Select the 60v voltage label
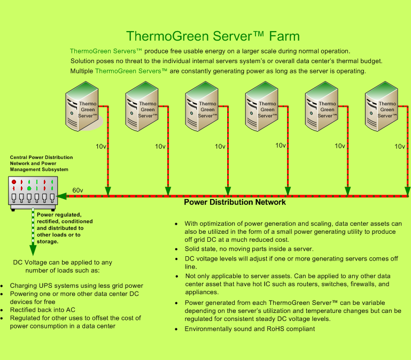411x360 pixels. [x=78, y=190]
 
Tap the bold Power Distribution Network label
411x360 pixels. [x=235, y=202]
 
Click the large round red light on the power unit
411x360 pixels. [x=14, y=182]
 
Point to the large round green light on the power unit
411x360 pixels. [x=29, y=188]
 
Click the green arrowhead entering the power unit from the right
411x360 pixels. [x=62, y=196]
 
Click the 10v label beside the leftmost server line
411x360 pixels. [x=101, y=146]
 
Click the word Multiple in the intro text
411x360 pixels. [x=82, y=71]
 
